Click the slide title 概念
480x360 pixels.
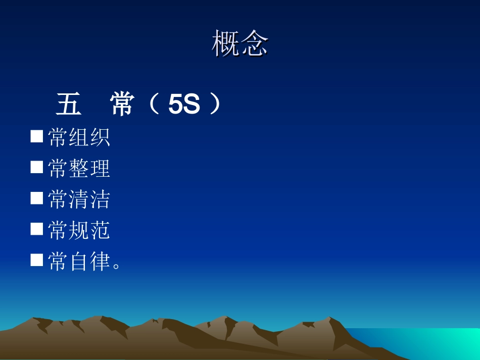click(240, 43)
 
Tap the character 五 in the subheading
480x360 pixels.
click(69, 106)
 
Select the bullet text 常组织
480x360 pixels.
click(79, 137)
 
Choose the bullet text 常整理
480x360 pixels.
click(79, 169)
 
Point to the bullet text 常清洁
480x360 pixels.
click(79, 199)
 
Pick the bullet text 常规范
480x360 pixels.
click(79, 231)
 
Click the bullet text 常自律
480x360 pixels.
click(79, 262)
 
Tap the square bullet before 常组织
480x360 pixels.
click(36, 136)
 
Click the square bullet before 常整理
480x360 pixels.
click(36, 167)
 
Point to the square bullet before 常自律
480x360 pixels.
click(36, 260)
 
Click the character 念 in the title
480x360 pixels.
click(254, 43)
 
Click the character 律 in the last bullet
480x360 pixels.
click(101, 262)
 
